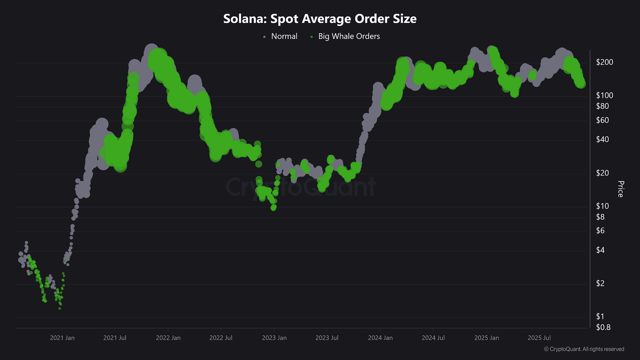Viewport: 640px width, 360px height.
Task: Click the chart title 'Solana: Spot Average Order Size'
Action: click(320, 18)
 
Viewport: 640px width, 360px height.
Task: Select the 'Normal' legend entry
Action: click(280, 36)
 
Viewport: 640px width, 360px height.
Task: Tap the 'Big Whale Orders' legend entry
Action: click(345, 36)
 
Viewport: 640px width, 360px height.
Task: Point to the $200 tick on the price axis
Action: click(604, 62)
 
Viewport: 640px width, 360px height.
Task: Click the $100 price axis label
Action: click(604, 96)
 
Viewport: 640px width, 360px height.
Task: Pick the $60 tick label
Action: click(602, 120)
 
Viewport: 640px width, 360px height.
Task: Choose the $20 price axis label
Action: click(602, 173)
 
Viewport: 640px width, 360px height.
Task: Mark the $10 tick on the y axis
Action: click(602, 206)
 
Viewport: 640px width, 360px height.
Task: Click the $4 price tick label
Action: click(600, 250)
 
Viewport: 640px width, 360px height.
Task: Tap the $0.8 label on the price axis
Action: click(603, 327)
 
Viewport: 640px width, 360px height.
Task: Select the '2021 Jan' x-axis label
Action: click(62, 338)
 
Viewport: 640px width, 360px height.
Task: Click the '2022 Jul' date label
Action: click(221, 338)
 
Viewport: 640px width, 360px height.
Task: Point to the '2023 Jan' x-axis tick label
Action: click(274, 338)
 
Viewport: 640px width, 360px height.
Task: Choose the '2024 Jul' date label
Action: click(433, 338)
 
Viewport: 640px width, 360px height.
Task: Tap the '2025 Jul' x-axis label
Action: click(539, 338)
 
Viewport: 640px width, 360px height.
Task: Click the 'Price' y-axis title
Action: click(620, 189)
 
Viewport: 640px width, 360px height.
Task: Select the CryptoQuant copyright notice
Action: click(584, 349)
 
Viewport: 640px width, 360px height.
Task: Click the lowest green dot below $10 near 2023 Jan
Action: click(274, 208)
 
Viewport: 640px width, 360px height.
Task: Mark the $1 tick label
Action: click(600, 316)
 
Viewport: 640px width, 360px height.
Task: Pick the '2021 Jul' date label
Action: click(115, 338)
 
